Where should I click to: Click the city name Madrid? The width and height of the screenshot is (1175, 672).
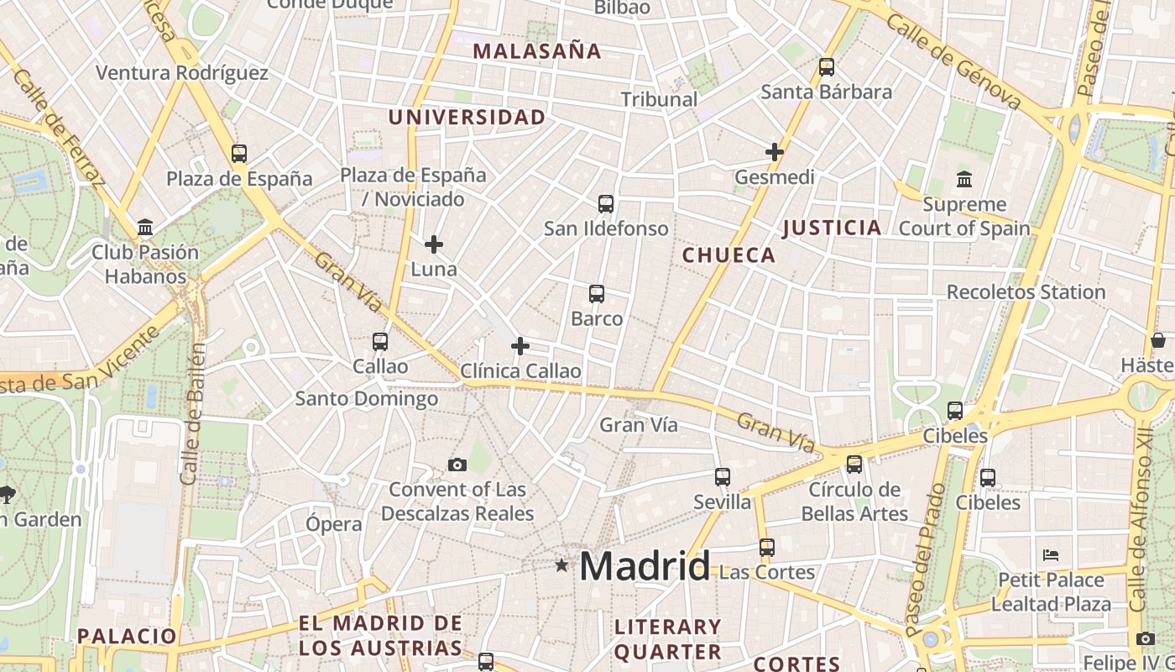pyautogui.click(x=645, y=566)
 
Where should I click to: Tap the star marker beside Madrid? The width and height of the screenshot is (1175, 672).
pyautogui.click(x=561, y=565)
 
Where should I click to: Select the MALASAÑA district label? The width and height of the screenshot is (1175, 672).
pyautogui.click(x=537, y=51)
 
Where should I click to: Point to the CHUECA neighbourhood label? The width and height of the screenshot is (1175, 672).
pyautogui.click(x=728, y=255)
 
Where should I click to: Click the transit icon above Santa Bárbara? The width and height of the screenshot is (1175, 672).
pyautogui.click(x=827, y=67)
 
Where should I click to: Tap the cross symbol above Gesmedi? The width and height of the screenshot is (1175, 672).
pyautogui.click(x=775, y=152)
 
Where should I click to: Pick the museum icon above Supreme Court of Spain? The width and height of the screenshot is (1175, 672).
pyautogui.click(x=963, y=179)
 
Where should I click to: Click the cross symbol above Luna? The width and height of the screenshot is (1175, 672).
pyautogui.click(x=434, y=244)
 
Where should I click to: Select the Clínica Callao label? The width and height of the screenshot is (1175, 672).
pyautogui.click(x=520, y=370)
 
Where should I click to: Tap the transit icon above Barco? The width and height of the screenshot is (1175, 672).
pyautogui.click(x=597, y=294)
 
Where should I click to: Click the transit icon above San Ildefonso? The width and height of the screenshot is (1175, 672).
pyautogui.click(x=606, y=203)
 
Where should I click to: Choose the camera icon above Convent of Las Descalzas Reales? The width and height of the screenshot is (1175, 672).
pyautogui.click(x=457, y=465)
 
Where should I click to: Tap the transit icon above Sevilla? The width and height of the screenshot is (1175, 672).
pyautogui.click(x=723, y=477)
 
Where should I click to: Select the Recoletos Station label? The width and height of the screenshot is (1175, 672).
pyautogui.click(x=1026, y=292)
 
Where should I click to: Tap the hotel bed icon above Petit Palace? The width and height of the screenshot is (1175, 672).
pyautogui.click(x=1051, y=555)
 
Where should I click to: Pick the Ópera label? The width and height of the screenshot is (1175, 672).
pyautogui.click(x=334, y=524)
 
